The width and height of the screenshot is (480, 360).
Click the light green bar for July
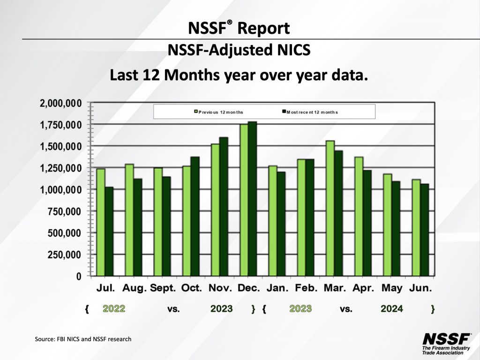[101, 222]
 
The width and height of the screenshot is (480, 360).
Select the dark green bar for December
[252, 199]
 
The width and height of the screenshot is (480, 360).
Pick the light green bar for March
[330, 209]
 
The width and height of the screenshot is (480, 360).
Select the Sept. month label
[163, 288]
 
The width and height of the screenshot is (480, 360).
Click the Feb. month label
[305, 288]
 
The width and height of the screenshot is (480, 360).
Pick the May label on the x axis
[392, 288]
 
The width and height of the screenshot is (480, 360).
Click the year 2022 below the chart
[114, 309]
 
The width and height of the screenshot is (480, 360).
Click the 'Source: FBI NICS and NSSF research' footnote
[83, 338]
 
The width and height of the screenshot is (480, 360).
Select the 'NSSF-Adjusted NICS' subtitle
[239, 50]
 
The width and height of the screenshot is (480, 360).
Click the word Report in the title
[264, 28]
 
